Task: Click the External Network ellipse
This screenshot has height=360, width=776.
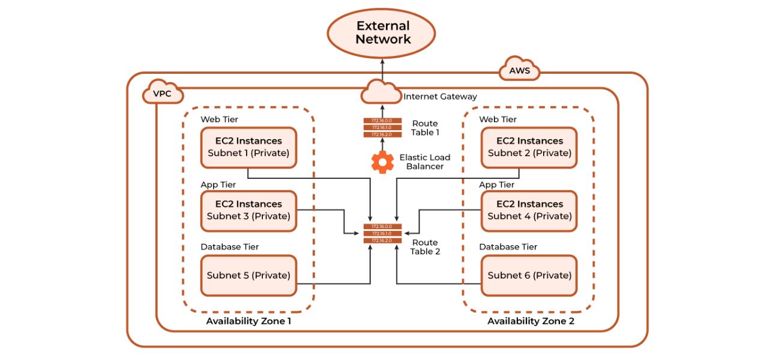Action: click(381, 33)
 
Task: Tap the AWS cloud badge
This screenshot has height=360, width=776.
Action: click(519, 71)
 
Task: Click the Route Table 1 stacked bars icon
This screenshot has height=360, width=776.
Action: click(382, 128)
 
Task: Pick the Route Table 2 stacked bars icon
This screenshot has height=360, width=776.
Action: click(382, 233)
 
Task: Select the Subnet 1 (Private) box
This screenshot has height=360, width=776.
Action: click(248, 147)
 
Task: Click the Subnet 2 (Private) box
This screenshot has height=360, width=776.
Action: click(529, 147)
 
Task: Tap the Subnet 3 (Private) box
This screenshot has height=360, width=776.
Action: click(248, 211)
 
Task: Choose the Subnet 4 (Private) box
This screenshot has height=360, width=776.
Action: click(529, 211)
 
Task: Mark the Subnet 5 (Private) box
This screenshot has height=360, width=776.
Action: click(248, 275)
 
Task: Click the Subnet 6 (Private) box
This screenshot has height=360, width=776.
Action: click(529, 275)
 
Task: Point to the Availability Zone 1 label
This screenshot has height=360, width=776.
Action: click(248, 321)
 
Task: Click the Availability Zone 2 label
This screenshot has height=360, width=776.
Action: click(531, 321)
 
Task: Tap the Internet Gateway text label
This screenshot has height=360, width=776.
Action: click(440, 96)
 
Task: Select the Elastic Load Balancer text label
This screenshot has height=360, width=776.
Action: click(425, 161)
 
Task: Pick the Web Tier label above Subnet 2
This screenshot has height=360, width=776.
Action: click(498, 119)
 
